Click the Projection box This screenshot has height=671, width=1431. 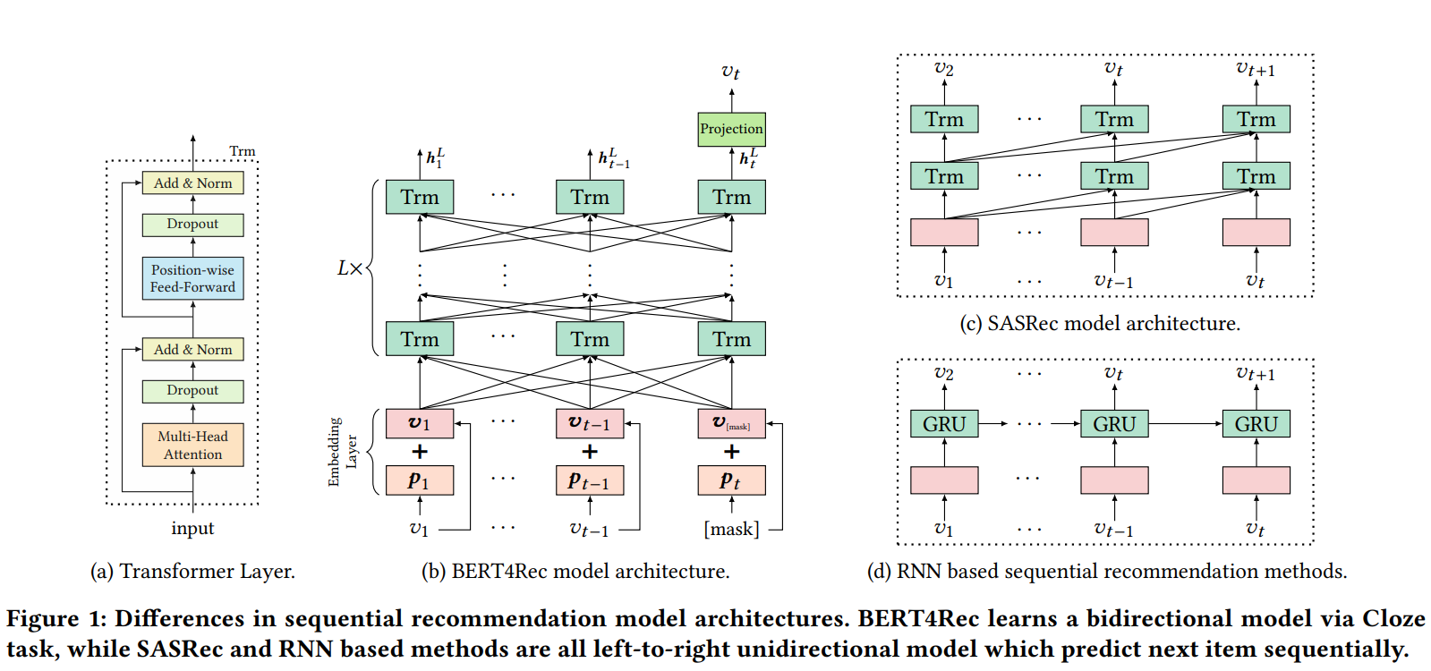click(x=731, y=129)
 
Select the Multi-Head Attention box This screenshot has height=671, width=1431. click(x=192, y=446)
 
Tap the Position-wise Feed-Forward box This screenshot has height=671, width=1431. click(x=192, y=278)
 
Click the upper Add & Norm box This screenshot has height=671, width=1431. click(x=192, y=183)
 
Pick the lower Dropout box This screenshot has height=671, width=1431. click(x=192, y=391)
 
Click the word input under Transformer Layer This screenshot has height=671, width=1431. click(x=192, y=529)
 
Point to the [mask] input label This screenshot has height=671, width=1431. click(x=731, y=530)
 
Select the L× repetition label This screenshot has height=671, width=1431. click(x=349, y=268)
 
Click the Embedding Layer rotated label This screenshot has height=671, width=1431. click(x=342, y=452)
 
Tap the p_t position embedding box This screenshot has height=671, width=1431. click(x=731, y=480)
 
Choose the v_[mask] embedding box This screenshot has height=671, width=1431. click(x=731, y=423)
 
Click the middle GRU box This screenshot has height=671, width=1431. click(x=1114, y=424)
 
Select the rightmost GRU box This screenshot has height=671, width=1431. click(x=1256, y=424)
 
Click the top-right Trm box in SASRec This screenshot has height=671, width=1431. click(x=1256, y=120)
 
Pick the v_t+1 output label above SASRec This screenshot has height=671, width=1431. click(x=1256, y=69)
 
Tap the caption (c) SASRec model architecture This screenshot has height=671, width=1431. click(x=1100, y=324)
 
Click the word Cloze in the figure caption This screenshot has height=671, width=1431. click(x=1393, y=619)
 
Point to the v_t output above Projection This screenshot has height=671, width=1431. click(x=731, y=72)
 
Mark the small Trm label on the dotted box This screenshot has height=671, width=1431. click(x=243, y=151)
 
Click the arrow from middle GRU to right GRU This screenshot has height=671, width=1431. click(x=1186, y=423)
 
